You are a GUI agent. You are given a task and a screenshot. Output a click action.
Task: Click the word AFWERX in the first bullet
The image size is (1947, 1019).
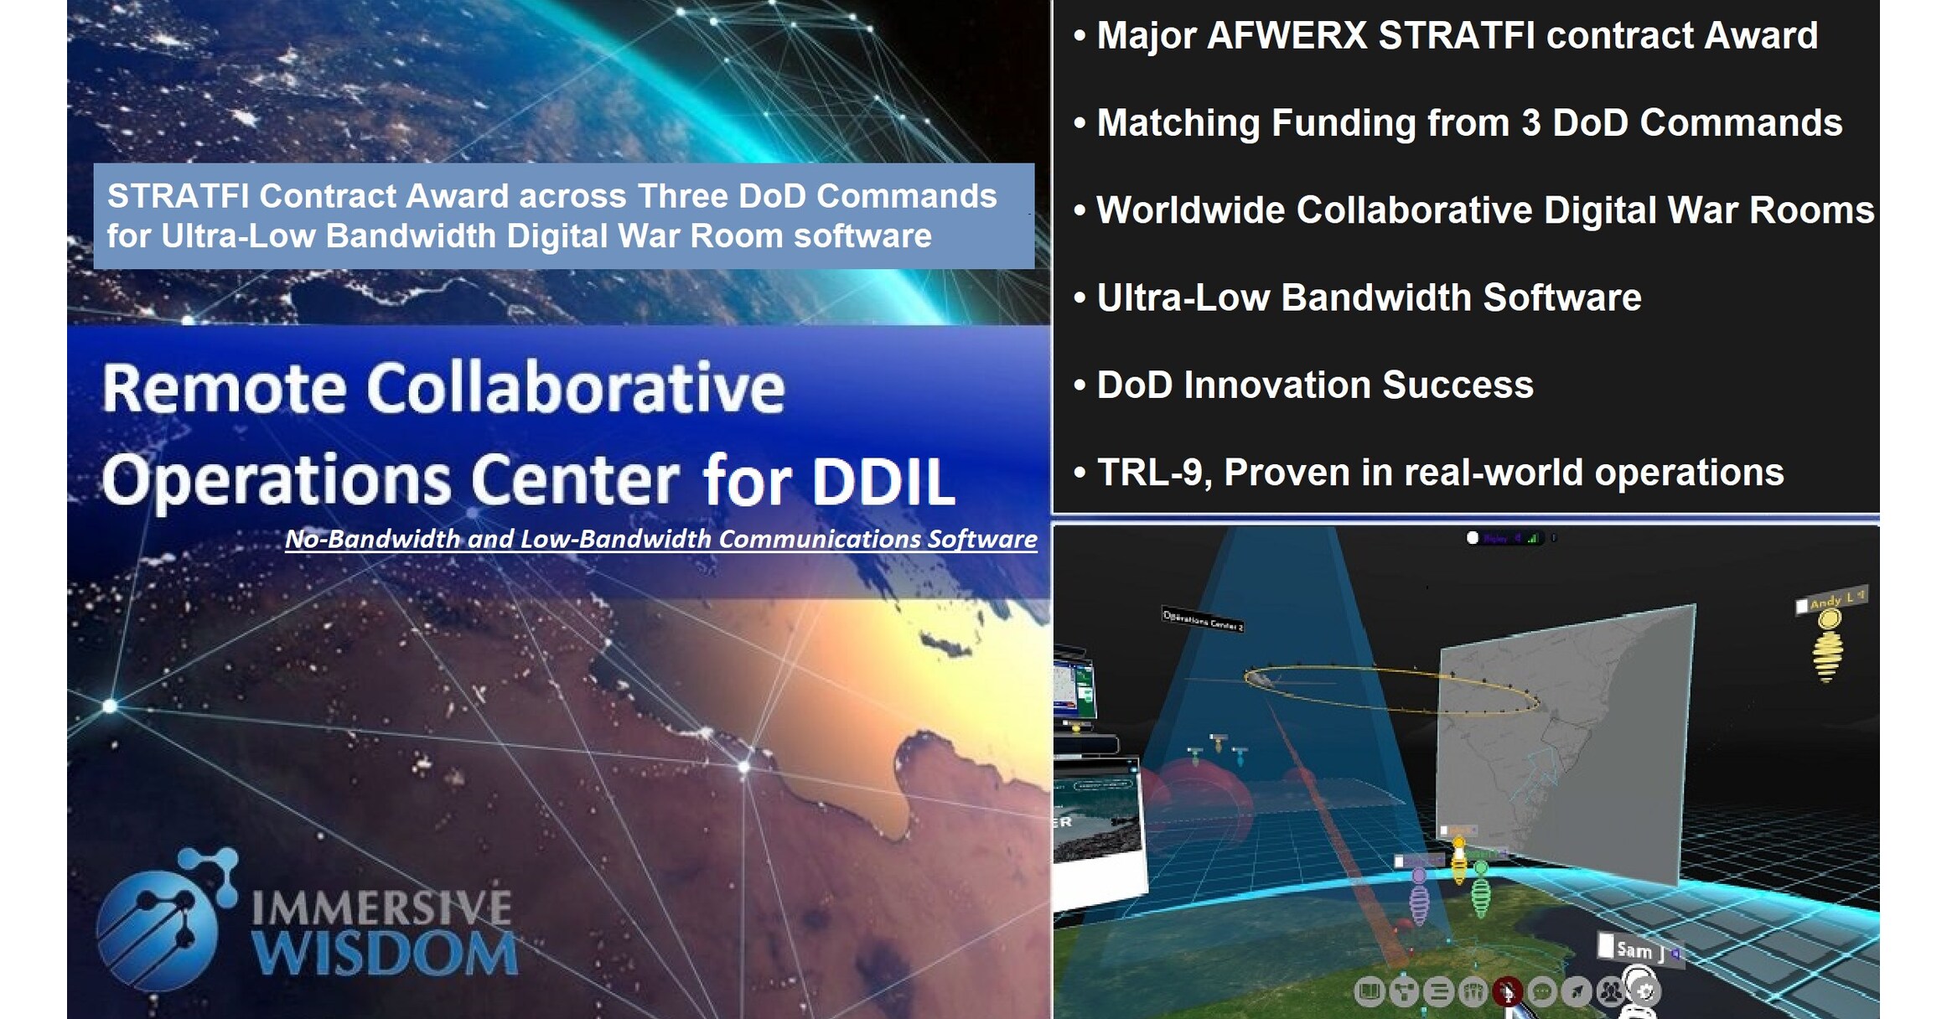click(x=1287, y=36)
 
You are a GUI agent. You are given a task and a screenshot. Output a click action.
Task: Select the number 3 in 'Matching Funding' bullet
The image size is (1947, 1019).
click(x=1530, y=123)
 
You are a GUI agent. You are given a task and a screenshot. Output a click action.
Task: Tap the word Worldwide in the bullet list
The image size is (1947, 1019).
click(x=1189, y=210)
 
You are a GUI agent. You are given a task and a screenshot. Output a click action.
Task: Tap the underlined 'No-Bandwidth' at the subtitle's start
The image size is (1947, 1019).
click(x=371, y=539)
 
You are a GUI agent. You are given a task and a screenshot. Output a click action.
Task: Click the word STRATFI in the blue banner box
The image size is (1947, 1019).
click(x=178, y=196)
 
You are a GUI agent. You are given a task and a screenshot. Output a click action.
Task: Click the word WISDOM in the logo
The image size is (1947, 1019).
click(x=385, y=954)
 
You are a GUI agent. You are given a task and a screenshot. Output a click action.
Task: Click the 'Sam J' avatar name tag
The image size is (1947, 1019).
click(x=1635, y=949)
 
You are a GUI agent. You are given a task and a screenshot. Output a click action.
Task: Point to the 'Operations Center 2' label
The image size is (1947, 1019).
click(x=1202, y=620)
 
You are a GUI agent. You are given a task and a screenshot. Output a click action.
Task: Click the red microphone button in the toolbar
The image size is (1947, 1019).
click(x=1507, y=992)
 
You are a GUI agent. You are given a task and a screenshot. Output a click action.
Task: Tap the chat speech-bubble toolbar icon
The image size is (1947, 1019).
click(x=1541, y=992)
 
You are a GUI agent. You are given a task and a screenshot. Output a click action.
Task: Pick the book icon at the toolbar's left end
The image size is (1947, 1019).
click(x=1369, y=992)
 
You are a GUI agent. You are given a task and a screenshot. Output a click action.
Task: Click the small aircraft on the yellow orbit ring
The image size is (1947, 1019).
click(x=1259, y=678)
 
